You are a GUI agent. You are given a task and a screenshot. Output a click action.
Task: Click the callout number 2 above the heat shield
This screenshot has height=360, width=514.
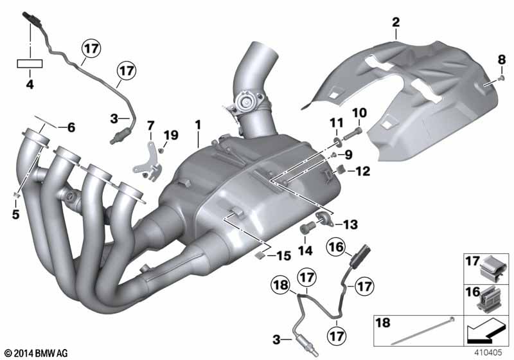click(396, 22)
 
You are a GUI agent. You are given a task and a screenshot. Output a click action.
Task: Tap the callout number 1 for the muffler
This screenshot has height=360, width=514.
click(198, 125)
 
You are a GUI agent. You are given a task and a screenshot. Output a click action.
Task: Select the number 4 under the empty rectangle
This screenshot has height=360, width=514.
click(30, 85)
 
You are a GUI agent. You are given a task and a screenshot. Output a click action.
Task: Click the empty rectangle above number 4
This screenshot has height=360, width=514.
click(30, 64)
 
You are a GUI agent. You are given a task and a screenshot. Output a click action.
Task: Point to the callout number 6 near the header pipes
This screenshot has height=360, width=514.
click(71, 127)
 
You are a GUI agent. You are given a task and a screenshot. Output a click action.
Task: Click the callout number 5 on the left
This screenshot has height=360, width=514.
click(15, 214)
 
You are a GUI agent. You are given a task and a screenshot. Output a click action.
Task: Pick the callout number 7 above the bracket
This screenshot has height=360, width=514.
click(150, 125)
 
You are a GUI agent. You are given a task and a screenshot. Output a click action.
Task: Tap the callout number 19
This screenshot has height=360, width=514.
click(171, 135)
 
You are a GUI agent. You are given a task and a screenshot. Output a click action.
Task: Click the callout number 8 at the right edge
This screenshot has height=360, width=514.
click(502, 60)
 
